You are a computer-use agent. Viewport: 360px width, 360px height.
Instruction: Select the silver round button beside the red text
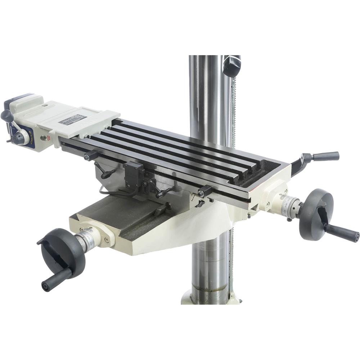tap(44, 138)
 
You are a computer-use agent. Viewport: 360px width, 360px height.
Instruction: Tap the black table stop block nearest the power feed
tap(91, 156)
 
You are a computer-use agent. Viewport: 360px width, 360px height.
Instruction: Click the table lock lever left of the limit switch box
tap(104, 173)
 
